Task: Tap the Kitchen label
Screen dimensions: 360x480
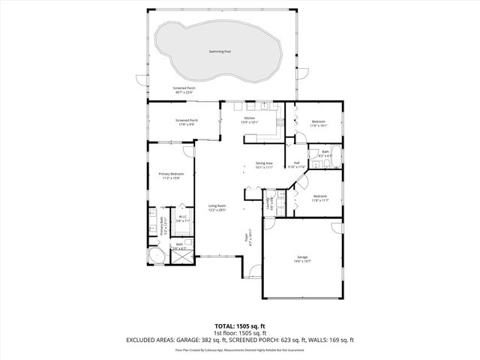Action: (x=249, y=117)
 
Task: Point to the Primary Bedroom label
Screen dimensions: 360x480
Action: (x=171, y=173)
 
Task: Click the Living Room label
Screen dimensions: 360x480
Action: (x=217, y=205)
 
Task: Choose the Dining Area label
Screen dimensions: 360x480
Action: (x=264, y=163)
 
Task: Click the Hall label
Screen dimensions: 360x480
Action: (x=296, y=163)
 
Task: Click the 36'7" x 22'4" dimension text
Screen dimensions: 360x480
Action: (x=184, y=92)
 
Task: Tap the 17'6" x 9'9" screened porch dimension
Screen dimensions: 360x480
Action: (x=186, y=124)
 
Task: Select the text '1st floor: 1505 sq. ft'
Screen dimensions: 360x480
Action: (x=240, y=333)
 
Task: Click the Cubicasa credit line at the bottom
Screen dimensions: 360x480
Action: (x=240, y=349)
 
